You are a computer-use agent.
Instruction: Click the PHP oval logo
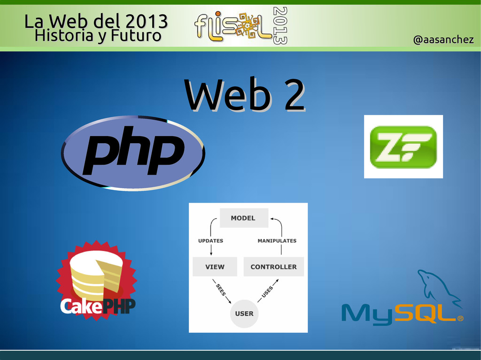pos(133,153)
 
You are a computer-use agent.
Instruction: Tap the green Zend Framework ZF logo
pos(403,147)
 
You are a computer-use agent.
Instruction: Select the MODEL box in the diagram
pos(243,218)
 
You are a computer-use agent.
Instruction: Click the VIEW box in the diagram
pos(215,267)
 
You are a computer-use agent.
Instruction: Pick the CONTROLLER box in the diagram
pos(273,267)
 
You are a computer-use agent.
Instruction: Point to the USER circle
pos(244,313)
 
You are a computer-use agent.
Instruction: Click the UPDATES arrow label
pos(210,241)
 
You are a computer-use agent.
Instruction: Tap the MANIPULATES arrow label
pos(277,241)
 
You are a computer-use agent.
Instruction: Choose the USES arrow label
pos(267,291)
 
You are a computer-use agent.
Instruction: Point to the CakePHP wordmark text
pos(98,306)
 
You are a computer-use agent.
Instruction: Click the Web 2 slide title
pos(244,96)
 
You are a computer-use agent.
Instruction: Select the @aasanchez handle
pos(443,40)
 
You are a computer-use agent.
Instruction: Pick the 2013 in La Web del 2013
pos(146,21)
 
